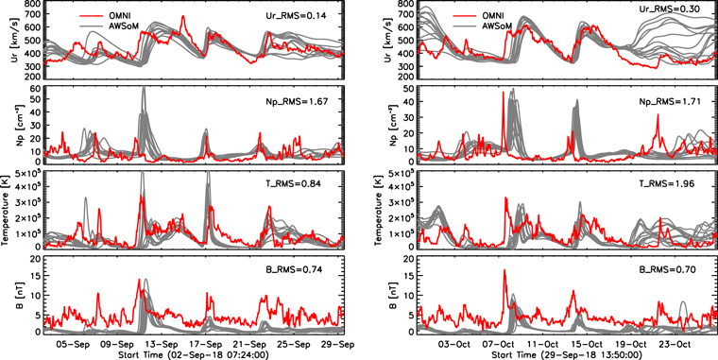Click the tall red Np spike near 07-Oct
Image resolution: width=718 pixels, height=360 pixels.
pyautogui.click(x=503, y=94)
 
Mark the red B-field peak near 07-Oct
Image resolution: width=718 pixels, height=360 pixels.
pyautogui.click(x=504, y=271)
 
